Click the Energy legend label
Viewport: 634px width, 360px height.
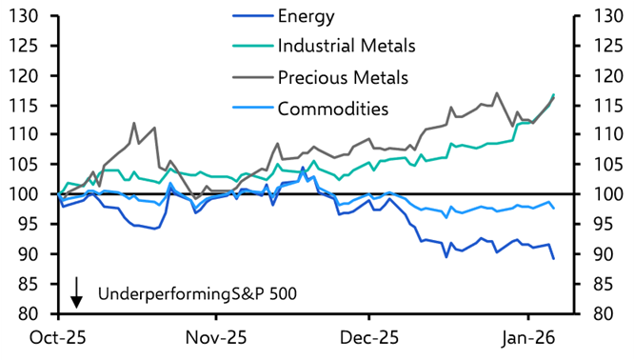tap(307, 16)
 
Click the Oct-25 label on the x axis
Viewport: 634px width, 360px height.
tap(58, 337)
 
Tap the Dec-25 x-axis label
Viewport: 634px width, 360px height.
tap(370, 337)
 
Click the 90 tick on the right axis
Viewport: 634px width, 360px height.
tap(605, 254)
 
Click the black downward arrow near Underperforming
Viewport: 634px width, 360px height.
tap(76, 292)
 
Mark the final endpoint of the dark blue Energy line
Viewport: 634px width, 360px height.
tap(554, 258)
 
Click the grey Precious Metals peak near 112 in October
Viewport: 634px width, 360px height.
tap(133, 124)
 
